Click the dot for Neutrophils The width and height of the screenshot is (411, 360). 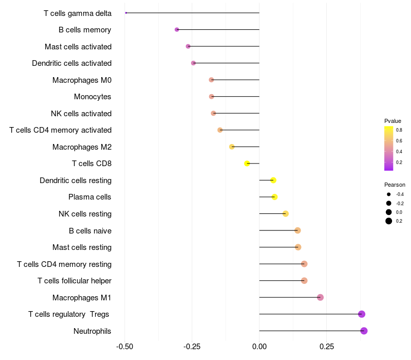(364, 331)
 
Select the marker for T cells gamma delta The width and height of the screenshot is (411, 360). (126, 13)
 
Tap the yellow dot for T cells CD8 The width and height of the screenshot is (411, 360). (247, 164)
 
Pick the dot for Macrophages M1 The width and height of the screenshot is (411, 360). (320, 297)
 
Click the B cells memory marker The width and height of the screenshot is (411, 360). (177, 30)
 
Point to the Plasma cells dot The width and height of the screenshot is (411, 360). (274, 197)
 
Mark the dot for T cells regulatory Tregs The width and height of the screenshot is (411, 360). (362, 314)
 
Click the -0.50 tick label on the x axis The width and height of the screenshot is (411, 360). (125, 347)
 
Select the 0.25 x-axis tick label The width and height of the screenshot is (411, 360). (326, 347)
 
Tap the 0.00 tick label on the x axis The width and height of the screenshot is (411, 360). (259, 347)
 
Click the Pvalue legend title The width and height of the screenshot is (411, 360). (393, 121)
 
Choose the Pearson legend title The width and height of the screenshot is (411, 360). (395, 185)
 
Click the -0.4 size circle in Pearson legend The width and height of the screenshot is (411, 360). (389, 194)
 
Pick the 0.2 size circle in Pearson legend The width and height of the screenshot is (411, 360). (389, 221)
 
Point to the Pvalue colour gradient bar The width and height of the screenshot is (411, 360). (389, 148)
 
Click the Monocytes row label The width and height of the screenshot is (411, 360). (92, 97)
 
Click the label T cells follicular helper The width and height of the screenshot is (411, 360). (74, 281)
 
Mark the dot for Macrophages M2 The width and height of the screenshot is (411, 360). (232, 147)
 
